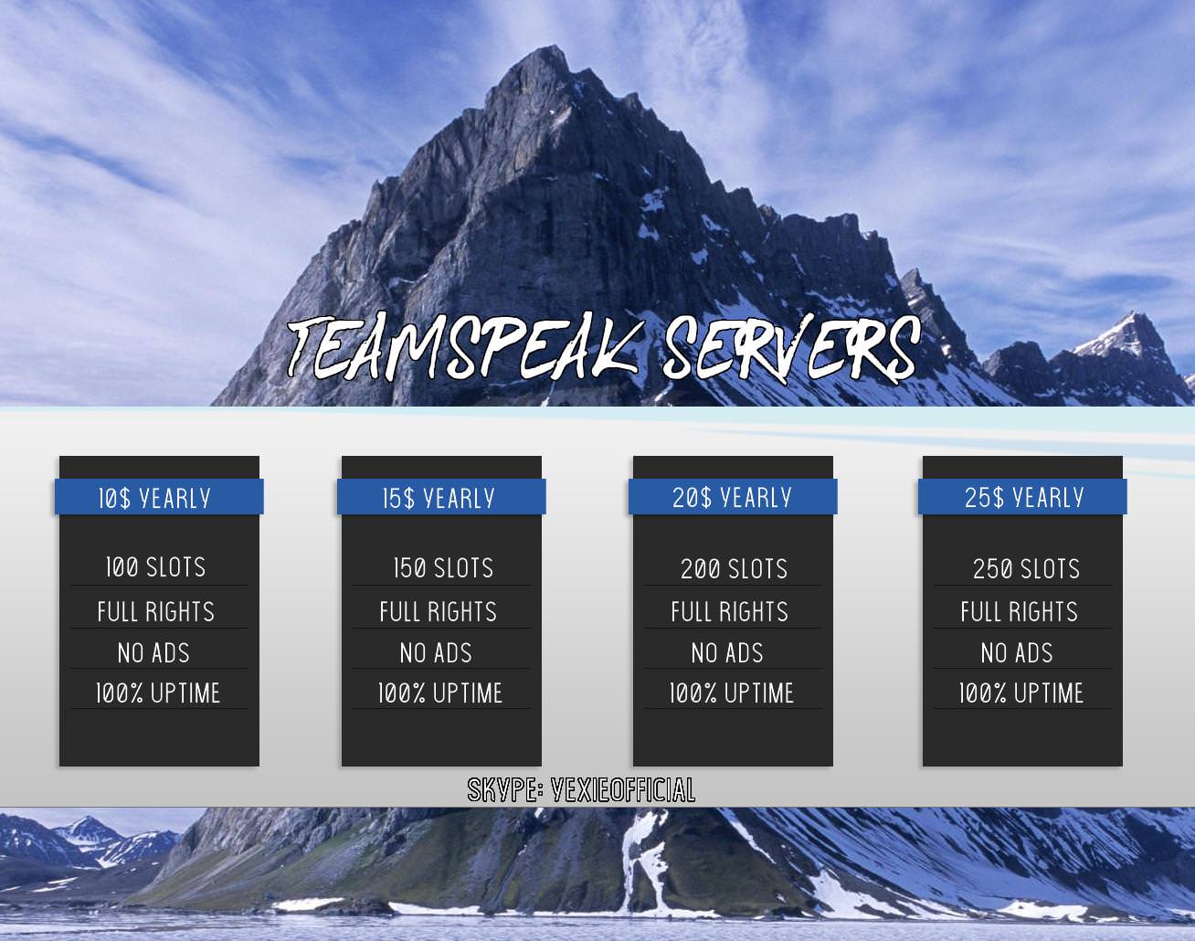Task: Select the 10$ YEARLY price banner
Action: (159, 497)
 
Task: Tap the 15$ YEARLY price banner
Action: (441, 497)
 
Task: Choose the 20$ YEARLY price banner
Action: (733, 497)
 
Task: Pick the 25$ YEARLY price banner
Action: (1022, 497)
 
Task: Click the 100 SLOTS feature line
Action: (155, 567)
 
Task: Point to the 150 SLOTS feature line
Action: (443, 567)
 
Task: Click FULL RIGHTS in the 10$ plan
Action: (155, 611)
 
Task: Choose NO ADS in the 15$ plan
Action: (436, 652)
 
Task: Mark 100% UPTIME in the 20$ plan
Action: (732, 693)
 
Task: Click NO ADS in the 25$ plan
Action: (1017, 652)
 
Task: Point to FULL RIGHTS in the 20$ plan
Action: (730, 611)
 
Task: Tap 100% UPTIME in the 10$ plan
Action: (158, 693)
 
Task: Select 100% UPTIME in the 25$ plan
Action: (1021, 693)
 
